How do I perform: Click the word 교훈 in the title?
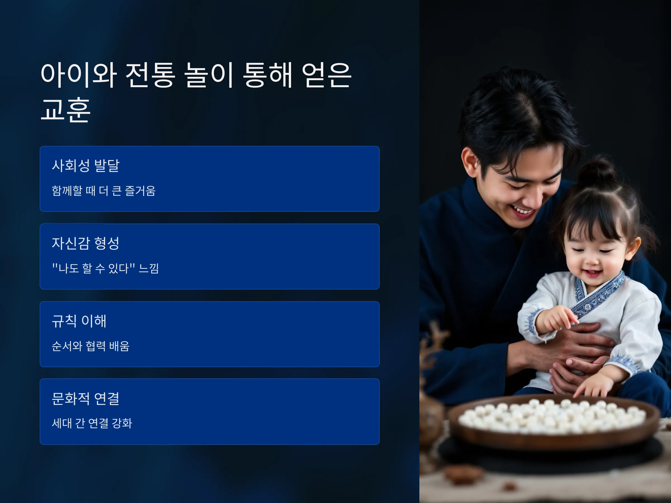pyautogui.click(x=66, y=110)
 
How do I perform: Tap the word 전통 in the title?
pyautogui.click(x=150, y=75)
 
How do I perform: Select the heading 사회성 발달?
pyautogui.click(x=86, y=165)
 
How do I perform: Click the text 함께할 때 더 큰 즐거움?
pyautogui.click(x=103, y=191)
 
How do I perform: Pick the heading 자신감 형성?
pyautogui.click(x=86, y=243)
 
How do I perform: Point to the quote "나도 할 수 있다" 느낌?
pyautogui.click(x=105, y=268)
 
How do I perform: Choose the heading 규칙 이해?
pyautogui.click(x=79, y=321)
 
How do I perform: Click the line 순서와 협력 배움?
pyautogui.click(x=90, y=346)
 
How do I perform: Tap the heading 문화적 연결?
pyautogui.click(x=86, y=398)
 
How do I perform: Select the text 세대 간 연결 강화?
pyautogui.click(x=92, y=423)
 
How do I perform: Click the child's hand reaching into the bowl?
pyautogui.click(x=590, y=386)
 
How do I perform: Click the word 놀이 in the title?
pyautogui.click(x=208, y=75)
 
